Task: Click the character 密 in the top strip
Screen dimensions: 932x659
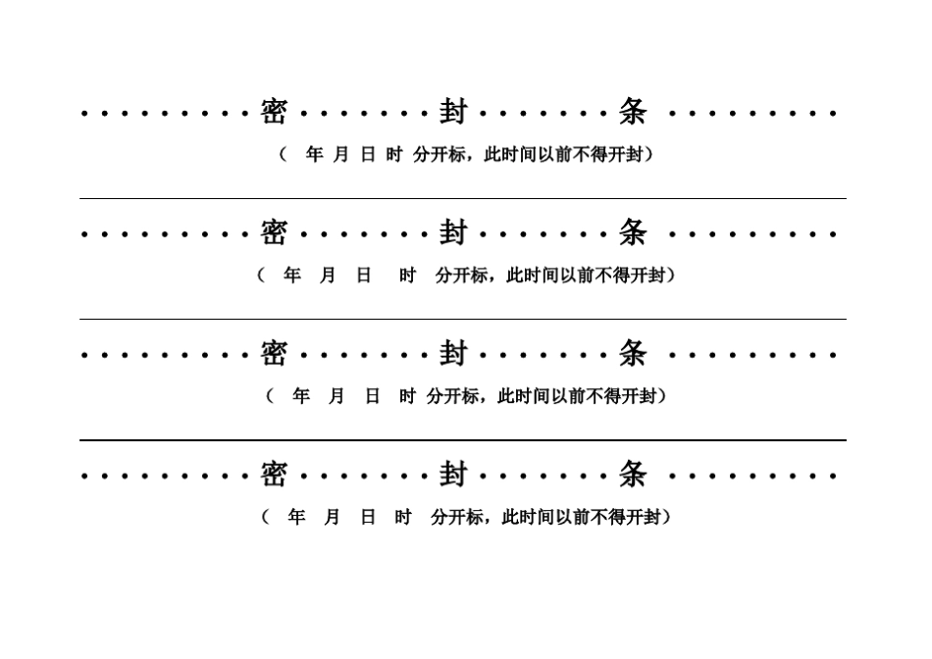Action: (x=274, y=112)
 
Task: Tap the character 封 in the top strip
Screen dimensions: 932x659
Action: (x=453, y=112)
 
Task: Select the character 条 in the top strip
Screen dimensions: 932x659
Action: (x=633, y=112)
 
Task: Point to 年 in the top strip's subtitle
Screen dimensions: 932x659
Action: (x=314, y=155)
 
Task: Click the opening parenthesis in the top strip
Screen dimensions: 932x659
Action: (x=283, y=155)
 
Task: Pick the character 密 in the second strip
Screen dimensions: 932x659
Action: (x=274, y=233)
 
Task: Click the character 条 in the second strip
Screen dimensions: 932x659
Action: (x=633, y=233)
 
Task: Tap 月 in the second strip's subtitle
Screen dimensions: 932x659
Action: (x=328, y=276)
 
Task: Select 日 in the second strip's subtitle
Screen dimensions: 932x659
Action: (x=363, y=276)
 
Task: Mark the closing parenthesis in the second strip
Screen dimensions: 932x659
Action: (x=671, y=276)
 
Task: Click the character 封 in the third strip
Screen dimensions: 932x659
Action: (x=453, y=354)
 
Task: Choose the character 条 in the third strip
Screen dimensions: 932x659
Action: (x=633, y=354)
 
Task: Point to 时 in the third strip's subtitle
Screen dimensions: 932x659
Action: (x=407, y=396)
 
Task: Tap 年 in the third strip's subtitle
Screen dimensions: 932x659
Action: (x=301, y=396)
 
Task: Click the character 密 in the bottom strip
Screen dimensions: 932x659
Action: (x=274, y=475)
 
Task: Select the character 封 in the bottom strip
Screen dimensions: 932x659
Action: (x=453, y=475)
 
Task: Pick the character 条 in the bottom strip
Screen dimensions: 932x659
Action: (x=633, y=475)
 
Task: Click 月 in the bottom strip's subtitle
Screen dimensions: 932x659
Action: (x=332, y=517)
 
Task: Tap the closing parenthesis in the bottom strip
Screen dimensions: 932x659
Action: (x=667, y=517)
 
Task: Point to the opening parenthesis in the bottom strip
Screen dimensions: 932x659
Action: (x=265, y=517)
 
